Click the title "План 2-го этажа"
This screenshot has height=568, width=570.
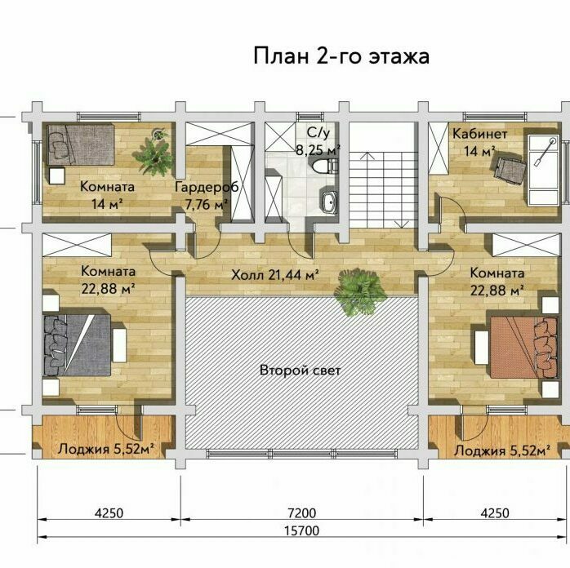341,56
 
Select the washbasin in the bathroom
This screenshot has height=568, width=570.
329,201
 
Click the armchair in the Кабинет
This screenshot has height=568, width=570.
509,168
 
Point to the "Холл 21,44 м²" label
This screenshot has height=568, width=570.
275,275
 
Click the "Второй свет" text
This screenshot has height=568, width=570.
301,370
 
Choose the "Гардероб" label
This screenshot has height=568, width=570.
207,187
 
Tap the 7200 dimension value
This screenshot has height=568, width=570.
301,513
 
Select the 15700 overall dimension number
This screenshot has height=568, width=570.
301,530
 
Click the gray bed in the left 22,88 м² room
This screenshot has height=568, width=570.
77,345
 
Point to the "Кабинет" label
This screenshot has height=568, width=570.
479,134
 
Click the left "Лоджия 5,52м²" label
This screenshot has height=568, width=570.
106,449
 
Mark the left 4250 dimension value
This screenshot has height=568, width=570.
109,513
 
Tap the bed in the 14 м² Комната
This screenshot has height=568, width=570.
81,144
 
